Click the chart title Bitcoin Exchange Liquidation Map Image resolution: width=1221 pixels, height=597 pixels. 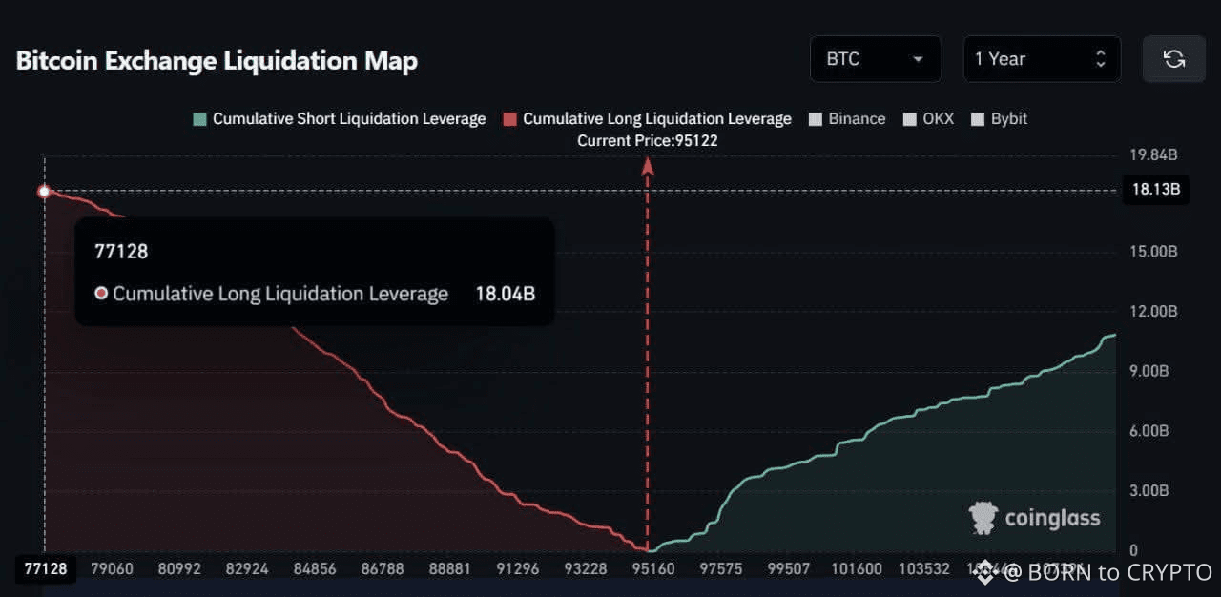pyautogui.click(x=217, y=61)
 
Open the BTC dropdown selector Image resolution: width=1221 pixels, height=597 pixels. pyautogui.click(x=875, y=59)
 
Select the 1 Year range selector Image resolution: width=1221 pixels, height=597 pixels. pyautogui.click(x=1041, y=59)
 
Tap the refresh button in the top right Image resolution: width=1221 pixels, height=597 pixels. pyautogui.click(x=1173, y=59)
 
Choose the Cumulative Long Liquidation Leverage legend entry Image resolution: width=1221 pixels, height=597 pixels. pyautogui.click(x=648, y=119)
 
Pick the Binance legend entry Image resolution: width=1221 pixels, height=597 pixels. pyautogui.click(x=847, y=119)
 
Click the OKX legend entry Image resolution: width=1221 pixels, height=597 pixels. pyautogui.click(x=928, y=119)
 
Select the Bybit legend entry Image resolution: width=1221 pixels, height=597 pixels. pyautogui.click(x=999, y=119)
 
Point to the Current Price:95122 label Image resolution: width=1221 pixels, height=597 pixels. pyautogui.click(x=647, y=140)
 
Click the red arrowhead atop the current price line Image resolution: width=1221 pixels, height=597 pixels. pyautogui.click(x=647, y=167)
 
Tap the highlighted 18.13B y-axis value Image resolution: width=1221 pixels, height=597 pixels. pyautogui.click(x=1155, y=189)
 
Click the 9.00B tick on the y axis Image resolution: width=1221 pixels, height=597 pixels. pyautogui.click(x=1149, y=371)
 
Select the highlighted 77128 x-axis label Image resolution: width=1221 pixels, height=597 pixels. pyautogui.click(x=45, y=569)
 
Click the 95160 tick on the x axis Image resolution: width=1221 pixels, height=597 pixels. pyautogui.click(x=653, y=569)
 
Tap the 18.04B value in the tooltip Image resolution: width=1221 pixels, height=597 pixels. pyautogui.click(x=505, y=294)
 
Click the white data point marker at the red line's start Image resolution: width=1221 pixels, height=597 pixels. pyautogui.click(x=44, y=192)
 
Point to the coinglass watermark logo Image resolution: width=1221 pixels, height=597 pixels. pyautogui.click(x=1035, y=518)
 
